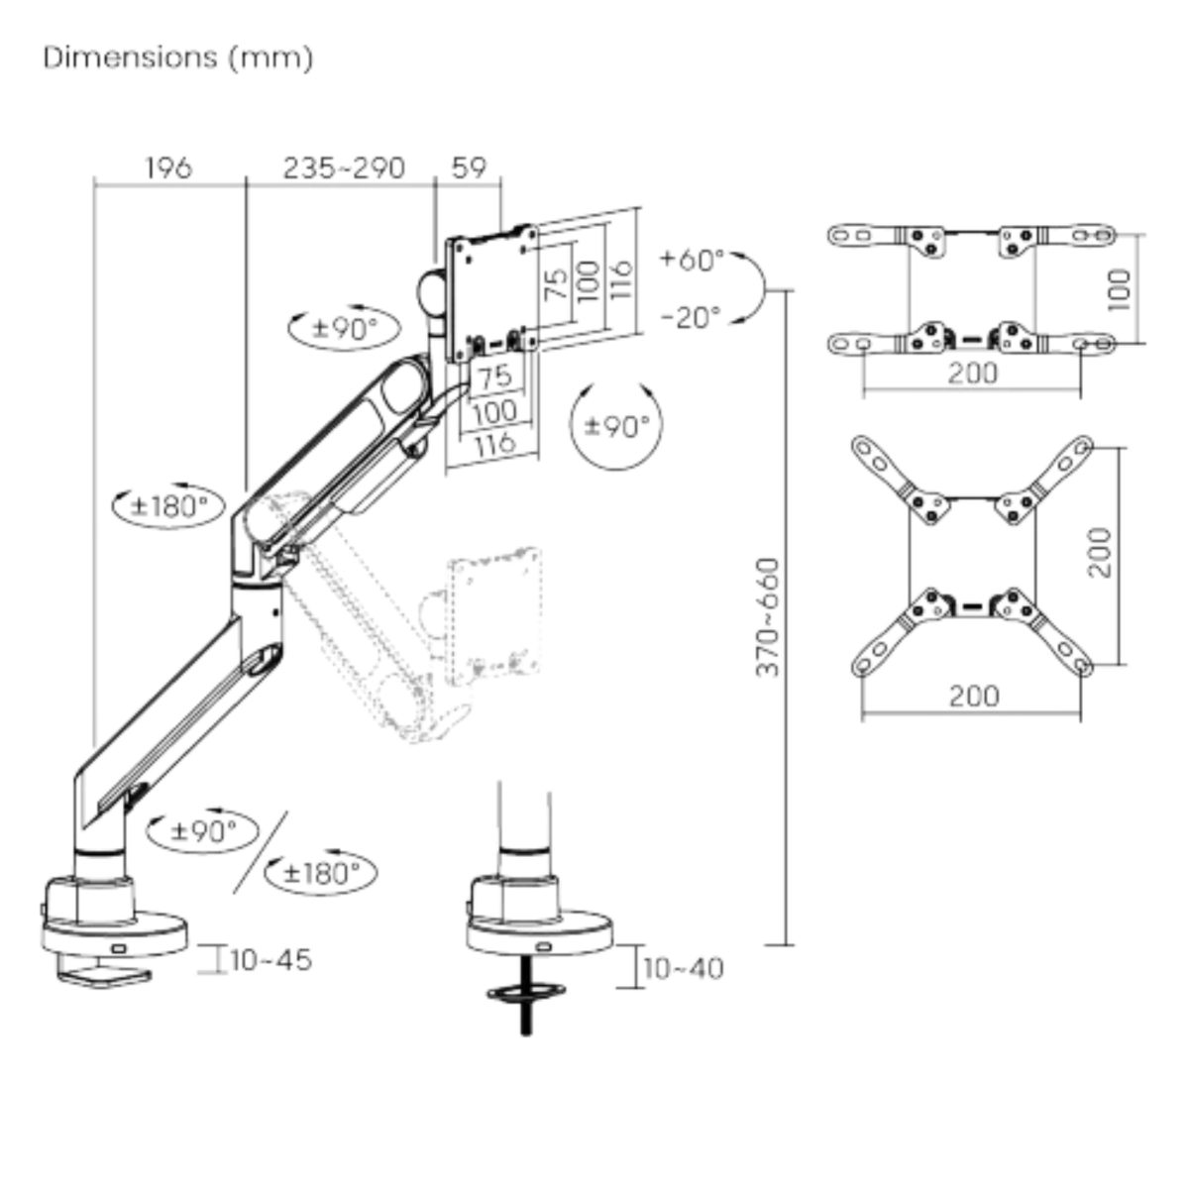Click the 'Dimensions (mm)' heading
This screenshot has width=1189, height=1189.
(x=178, y=57)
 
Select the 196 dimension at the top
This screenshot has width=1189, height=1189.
(x=168, y=167)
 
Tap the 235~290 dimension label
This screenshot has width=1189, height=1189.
(x=344, y=167)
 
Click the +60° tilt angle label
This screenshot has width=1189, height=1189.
(x=693, y=260)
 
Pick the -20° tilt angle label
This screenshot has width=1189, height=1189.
(x=691, y=318)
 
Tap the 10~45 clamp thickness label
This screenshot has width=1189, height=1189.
(x=270, y=960)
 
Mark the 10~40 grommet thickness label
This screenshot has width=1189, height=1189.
(x=684, y=968)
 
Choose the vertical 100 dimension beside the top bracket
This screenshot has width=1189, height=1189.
(x=1118, y=289)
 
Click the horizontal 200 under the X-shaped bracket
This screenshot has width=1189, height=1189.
(x=973, y=696)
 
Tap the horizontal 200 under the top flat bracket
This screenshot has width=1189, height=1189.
(x=972, y=374)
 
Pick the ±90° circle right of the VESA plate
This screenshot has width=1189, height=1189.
(x=616, y=426)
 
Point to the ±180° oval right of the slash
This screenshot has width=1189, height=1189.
(x=321, y=873)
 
